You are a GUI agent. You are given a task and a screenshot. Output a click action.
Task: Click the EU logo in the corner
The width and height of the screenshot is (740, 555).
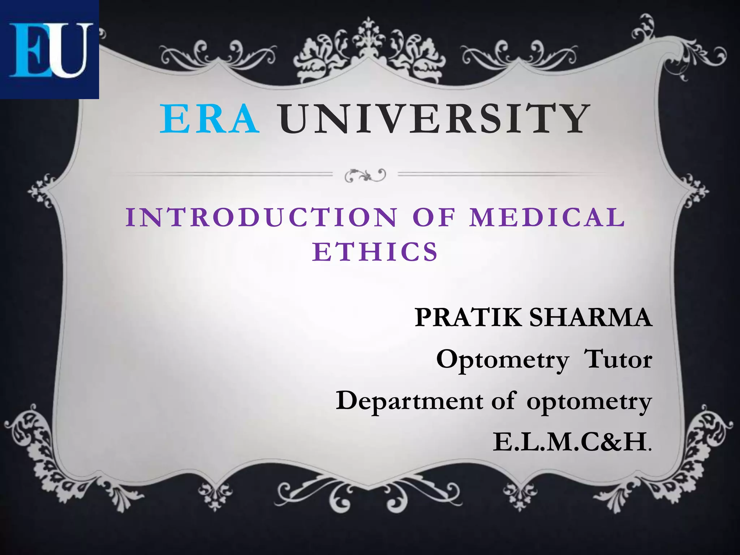(50, 50)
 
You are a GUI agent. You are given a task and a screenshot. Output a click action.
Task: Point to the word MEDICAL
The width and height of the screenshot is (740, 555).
(547, 218)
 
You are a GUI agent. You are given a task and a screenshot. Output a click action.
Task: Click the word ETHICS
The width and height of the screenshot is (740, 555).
(375, 252)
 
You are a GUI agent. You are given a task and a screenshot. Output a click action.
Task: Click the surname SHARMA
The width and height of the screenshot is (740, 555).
(590, 318)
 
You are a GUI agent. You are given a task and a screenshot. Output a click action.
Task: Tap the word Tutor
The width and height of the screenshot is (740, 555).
(618, 359)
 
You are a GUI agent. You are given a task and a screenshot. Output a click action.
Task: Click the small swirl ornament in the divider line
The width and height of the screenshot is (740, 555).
(365, 176)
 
